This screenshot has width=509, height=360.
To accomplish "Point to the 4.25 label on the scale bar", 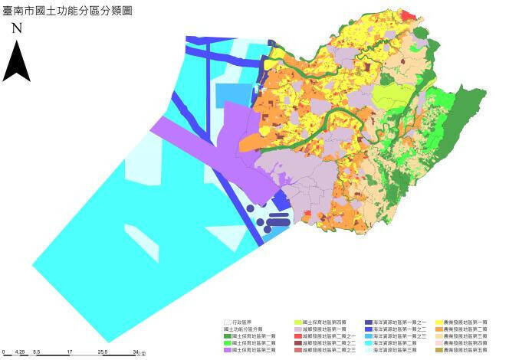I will [x=21, y=351].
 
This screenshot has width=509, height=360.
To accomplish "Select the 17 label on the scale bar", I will [x=71, y=351].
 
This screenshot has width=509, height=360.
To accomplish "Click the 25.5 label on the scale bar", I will [x=103, y=351].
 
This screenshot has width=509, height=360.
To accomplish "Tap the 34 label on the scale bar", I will [x=135, y=351].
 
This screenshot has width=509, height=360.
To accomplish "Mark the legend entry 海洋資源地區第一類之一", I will [x=399, y=322].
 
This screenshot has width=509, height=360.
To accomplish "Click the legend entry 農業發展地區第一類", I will [x=465, y=322].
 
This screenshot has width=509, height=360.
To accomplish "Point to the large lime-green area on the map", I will [x=392, y=98].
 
